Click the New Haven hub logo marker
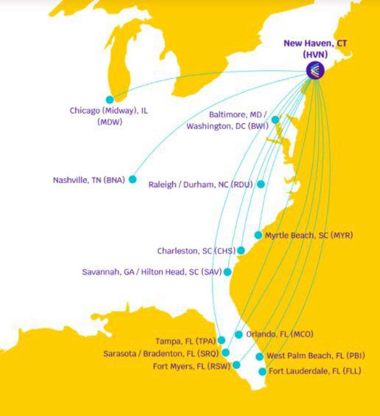pyautogui.click(x=315, y=70)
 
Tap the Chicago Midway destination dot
pyautogui.click(x=110, y=100)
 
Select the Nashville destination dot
pyautogui.click(x=132, y=179)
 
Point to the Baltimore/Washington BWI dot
pyautogui.click(x=275, y=120)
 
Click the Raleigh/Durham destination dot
pyautogui.click(x=261, y=184)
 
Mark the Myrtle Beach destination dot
pyautogui.click(x=258, y=235)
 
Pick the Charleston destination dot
pyautogui.click(x=241, y=250)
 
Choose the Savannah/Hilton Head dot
pyautogui.click(x=227, y=272)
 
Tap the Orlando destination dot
pyautogui.click(x=239, y=334)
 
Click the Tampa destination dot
pyautogui.click(x=222, y=340)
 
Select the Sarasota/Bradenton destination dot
pyautogui.click(x=225, y=352)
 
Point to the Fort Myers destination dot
pyautogui.click(x=236, y=365)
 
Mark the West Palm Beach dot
pyautogui.click(x=260, y=356)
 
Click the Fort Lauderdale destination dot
pyautogui.click(x=262, y=371)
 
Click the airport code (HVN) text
pyautogui.click(x=315, y=54)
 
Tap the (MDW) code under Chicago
pyautogui.click(x=110, y=122)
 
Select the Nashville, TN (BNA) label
pyautogui.click(x=89, y=180)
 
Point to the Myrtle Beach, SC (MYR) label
pyautogui.click(x=309, y=235)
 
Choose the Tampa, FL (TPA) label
pyautogui.click(x=186, y=341)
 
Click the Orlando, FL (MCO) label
pyautogui.click(x=280, y=334)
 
